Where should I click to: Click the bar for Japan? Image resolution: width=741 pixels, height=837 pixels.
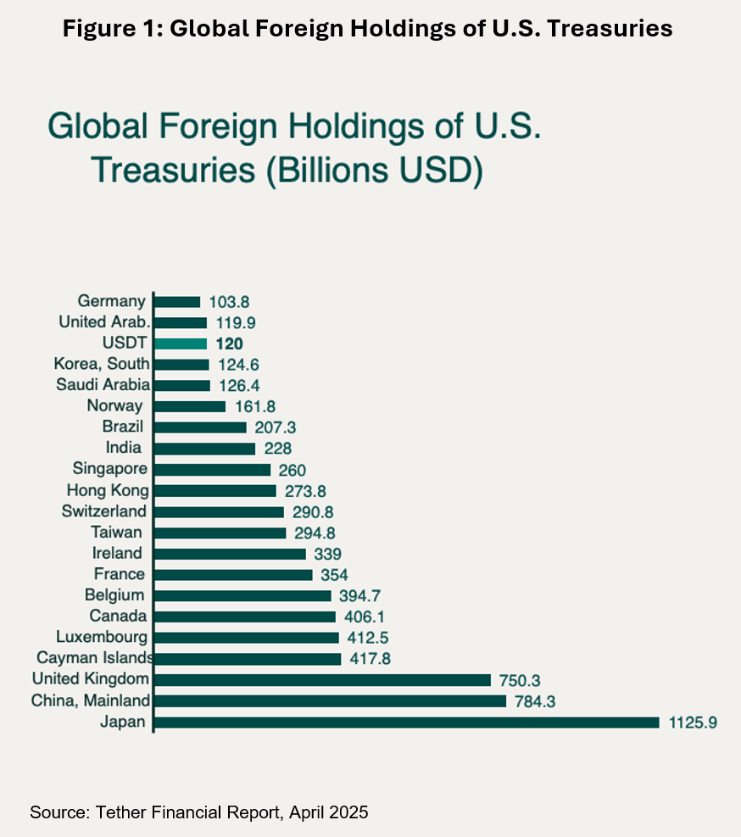[407, 723]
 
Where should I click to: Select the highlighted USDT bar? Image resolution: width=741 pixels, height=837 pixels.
[181, 343]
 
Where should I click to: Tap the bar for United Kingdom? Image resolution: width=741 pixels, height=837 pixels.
[323, 680]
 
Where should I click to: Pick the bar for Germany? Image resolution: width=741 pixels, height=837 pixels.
[178, 301]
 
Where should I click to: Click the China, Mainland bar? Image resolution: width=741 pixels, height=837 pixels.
[331, 701]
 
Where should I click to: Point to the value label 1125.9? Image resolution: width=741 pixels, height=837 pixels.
[693, 723]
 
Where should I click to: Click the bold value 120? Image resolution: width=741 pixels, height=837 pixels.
[229, 343]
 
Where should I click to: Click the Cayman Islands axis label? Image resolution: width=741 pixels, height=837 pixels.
[93, 659]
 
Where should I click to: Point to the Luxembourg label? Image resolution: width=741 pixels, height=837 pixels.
[102, 637]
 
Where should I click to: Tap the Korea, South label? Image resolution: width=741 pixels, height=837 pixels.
[102, 365]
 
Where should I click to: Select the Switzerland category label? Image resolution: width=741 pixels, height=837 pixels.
[104, 511]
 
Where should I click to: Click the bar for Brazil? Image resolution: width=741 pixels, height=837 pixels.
[201, 427]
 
